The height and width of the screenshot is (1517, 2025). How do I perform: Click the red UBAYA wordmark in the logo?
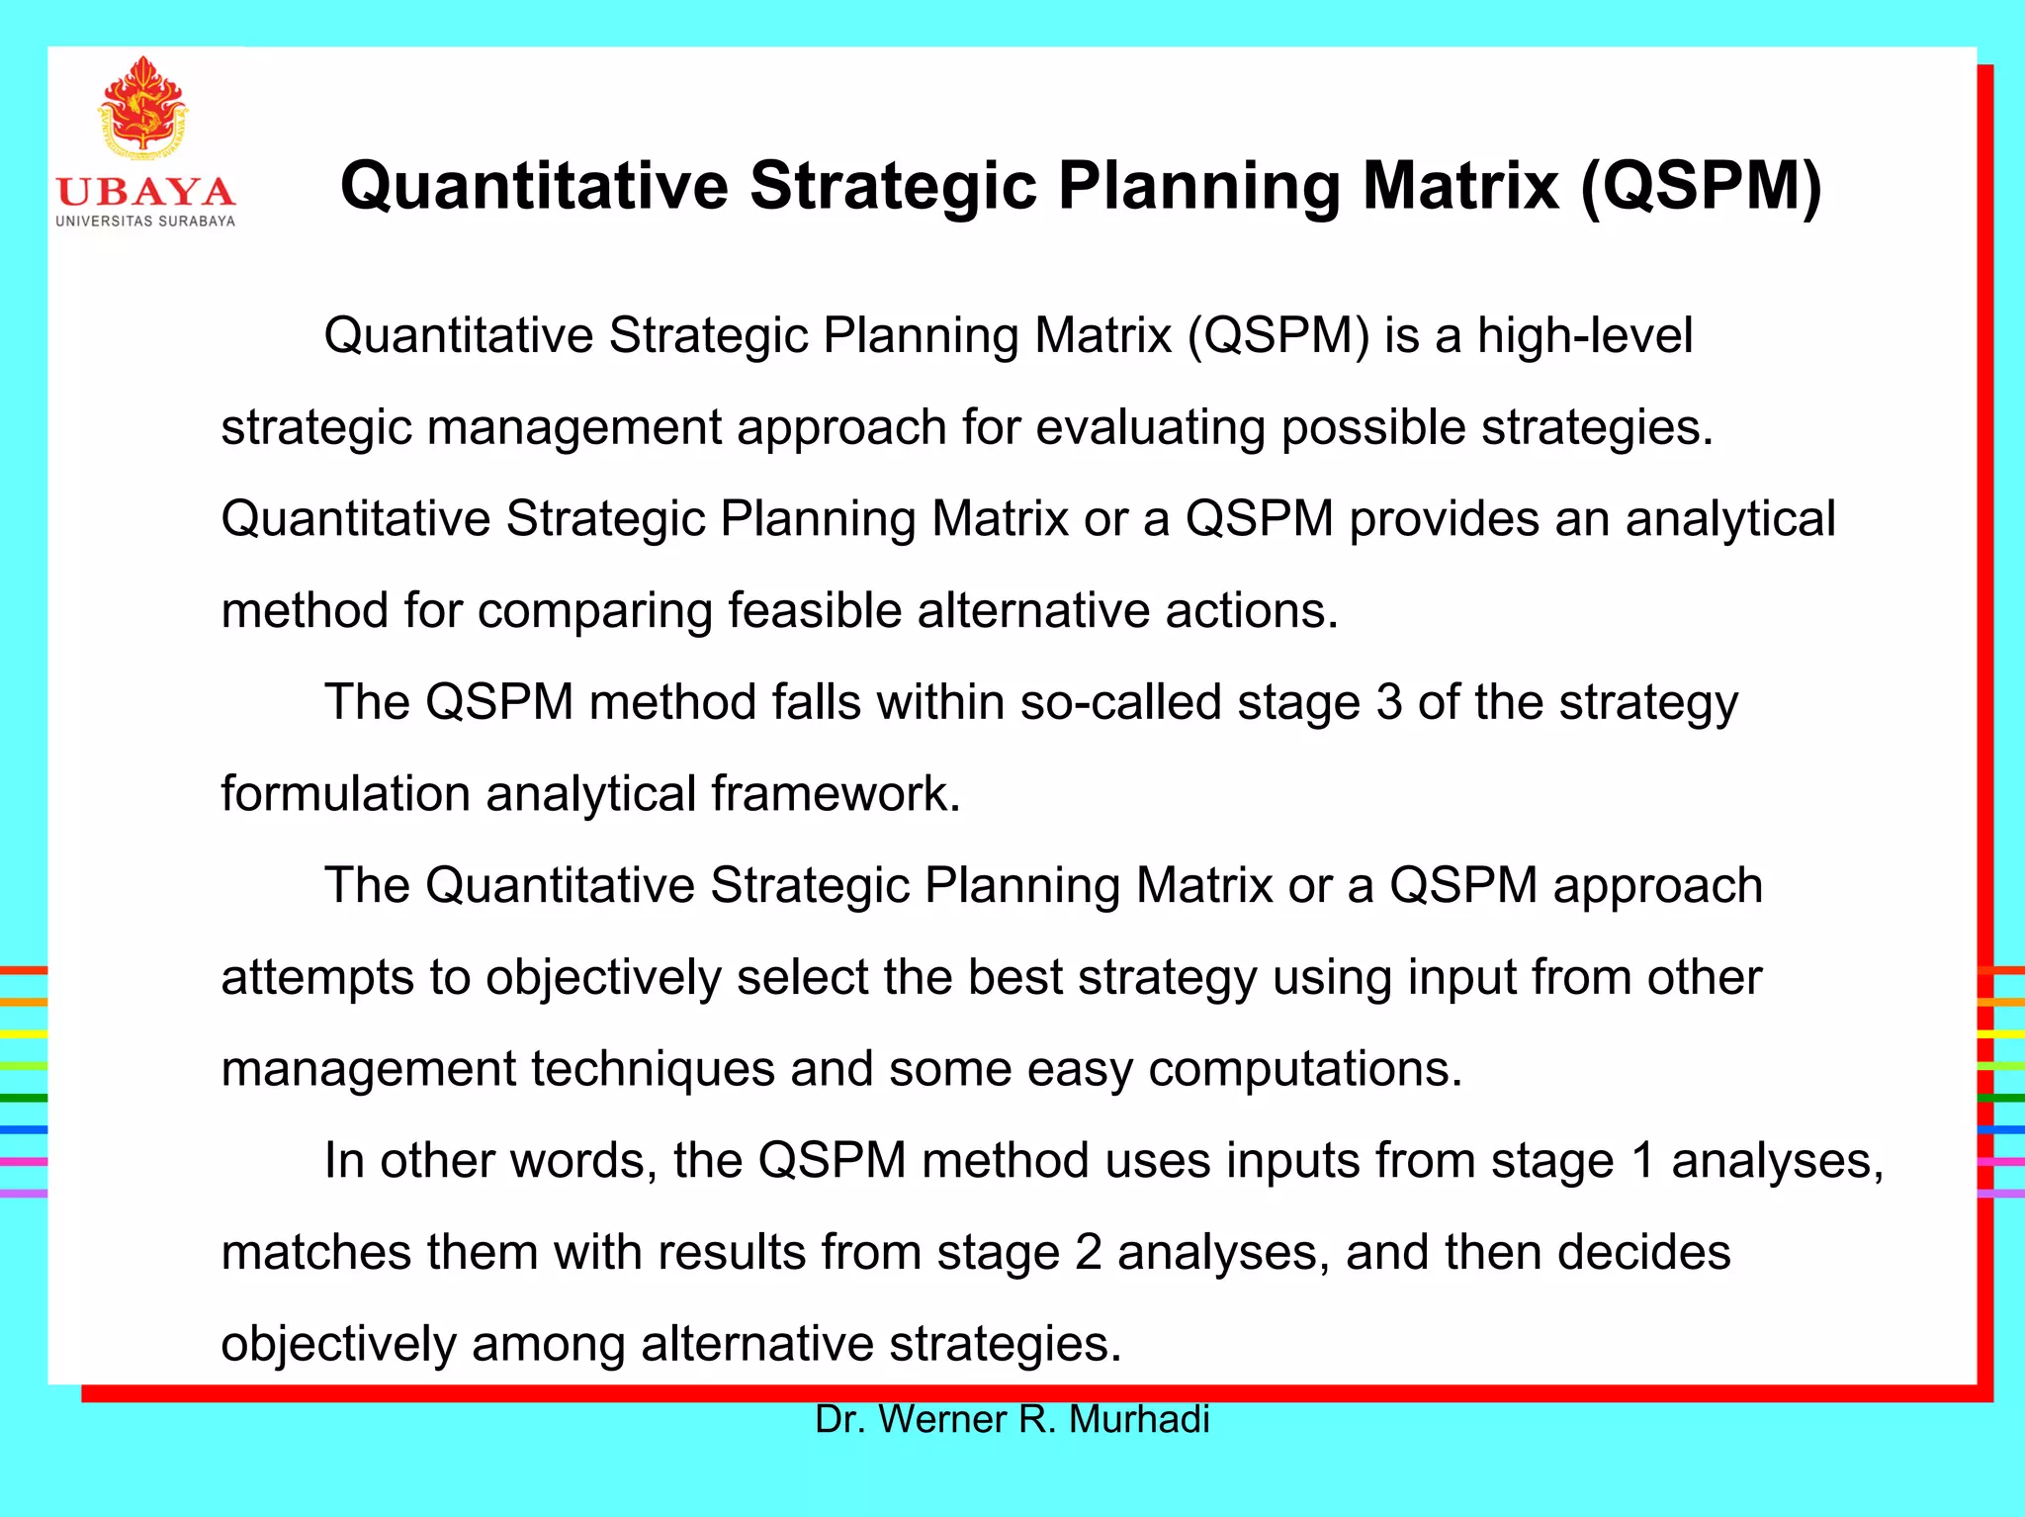[145, 192]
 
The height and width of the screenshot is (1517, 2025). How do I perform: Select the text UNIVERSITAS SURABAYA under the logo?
[145, 222]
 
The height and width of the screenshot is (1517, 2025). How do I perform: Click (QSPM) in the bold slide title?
[1701, 186]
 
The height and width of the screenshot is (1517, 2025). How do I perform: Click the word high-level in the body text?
[1585, 335]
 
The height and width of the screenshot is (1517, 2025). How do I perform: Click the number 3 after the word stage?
[1389, 702]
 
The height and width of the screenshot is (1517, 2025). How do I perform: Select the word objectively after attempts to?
[603, 977]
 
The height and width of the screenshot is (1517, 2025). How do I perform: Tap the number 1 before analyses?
[1642, 1161]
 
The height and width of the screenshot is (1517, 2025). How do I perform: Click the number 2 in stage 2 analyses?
[1088, 1252]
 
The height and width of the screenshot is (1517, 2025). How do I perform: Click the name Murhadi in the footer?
[1139, 1419]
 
